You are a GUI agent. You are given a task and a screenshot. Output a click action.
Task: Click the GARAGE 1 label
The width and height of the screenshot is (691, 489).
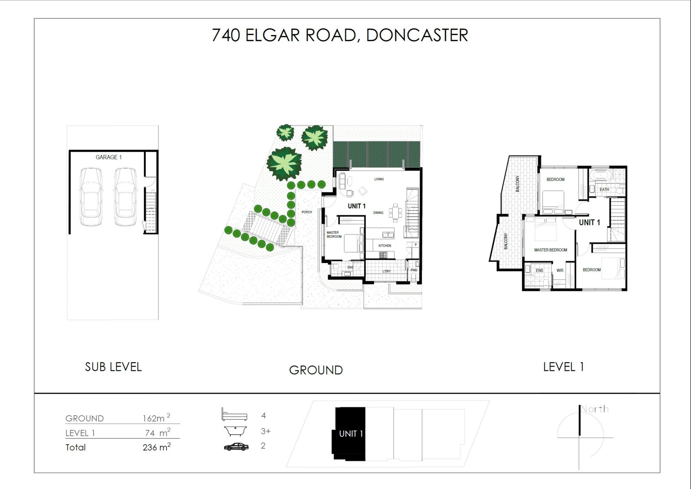(109, 157)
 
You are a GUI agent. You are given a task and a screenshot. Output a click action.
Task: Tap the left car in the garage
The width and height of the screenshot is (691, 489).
(91, 197)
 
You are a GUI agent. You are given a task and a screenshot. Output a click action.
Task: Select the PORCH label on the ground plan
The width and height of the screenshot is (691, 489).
(307, 212)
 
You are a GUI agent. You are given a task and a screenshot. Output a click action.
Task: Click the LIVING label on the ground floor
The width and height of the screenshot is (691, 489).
(379, 179)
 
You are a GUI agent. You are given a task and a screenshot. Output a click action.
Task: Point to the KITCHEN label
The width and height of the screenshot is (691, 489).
(385, 246)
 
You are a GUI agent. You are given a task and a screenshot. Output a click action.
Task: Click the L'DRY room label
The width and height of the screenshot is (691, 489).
(387, 271)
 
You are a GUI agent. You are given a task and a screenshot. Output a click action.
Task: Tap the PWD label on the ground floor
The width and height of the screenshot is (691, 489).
(414, 270)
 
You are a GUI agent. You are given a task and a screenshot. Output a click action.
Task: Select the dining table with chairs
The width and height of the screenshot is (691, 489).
(396, 213)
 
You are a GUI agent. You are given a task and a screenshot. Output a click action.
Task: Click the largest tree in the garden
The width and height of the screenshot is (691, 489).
(284, 163)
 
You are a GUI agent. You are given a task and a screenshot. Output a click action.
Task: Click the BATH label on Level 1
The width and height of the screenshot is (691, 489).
(604, 189)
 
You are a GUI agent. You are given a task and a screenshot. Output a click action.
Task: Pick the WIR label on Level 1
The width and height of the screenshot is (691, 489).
(560, 270)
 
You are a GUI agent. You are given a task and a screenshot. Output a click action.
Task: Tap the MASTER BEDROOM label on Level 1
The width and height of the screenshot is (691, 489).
(551, 250)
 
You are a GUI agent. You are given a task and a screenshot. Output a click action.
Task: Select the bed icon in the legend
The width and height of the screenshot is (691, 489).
(234, 414)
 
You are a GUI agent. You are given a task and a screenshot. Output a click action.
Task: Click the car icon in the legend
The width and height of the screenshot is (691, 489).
(236, 447)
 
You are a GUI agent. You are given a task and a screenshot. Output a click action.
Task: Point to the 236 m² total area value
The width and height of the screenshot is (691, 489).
(157, 447)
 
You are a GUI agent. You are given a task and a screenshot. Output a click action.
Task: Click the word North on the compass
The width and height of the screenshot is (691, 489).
(595, 409)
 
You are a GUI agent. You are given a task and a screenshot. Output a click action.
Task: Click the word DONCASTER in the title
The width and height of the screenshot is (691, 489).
(417, 35)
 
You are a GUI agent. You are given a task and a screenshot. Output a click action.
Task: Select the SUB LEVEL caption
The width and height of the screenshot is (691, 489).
(113, 367)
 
